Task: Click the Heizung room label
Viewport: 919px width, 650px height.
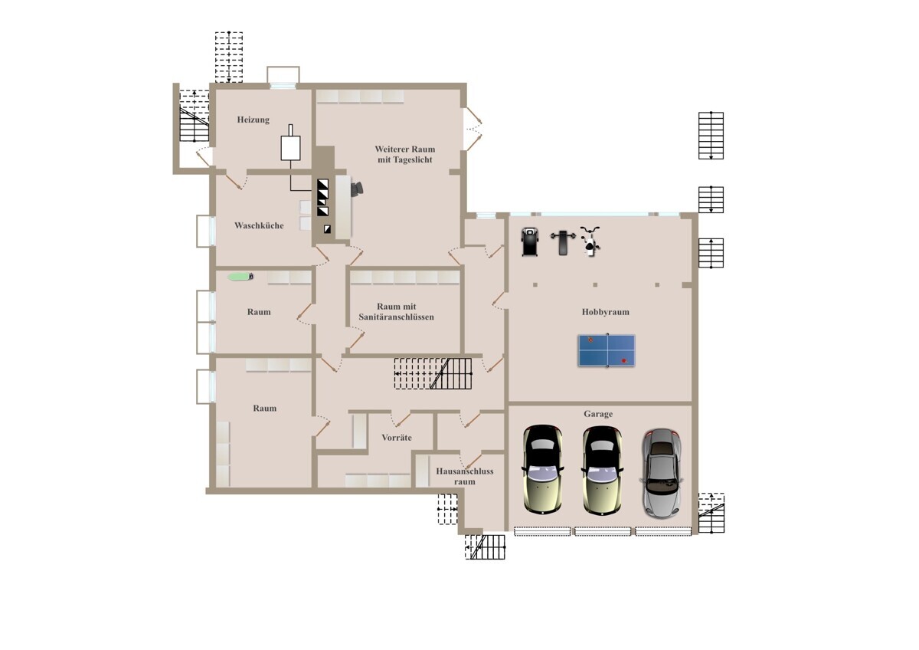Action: coord(253,120)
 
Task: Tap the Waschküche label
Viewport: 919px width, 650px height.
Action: coord(259,225)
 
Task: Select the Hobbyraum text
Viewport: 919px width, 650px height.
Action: coord(606,312)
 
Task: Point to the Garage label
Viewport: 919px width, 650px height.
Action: coord(598,414)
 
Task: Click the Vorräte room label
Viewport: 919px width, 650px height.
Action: coord(397,438)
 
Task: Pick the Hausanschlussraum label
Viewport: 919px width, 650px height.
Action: coord(464,476)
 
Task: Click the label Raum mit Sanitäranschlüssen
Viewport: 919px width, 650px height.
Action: coord(397,312)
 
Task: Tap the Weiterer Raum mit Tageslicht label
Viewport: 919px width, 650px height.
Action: coord(405,154)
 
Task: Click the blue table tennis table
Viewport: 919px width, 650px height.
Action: coord(607,350)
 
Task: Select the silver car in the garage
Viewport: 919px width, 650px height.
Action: coord(662,474)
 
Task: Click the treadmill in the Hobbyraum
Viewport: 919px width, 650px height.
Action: coord(530,242)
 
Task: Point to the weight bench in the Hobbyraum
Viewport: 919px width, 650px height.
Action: coord(563,242)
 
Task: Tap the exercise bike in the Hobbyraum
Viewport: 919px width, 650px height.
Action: coord(590,241)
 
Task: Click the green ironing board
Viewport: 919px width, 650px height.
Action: coord(240,277)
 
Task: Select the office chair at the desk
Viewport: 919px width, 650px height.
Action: coord(357,189)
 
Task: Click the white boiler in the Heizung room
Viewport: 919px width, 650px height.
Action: coord(290,143)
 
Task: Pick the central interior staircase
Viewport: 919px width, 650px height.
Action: coord(433,373)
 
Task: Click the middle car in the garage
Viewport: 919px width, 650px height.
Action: coord(602,470)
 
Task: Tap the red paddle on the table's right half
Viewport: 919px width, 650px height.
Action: coord(623,361)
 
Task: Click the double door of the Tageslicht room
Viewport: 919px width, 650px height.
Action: coord(473,129)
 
